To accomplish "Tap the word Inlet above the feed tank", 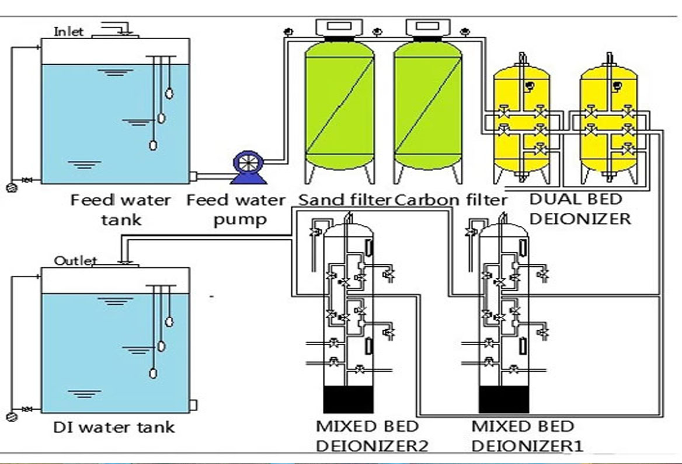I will (69, 32).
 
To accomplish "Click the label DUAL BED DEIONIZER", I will (579, 209).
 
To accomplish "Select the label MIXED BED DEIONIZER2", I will (372, 436).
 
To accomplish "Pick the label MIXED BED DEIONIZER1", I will (527, 436).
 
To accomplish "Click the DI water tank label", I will (113, 427).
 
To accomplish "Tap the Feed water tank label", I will (121, 210).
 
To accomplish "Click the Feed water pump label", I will (236, 210).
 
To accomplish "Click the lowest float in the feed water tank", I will (153, 145).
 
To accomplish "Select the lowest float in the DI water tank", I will (153, 371).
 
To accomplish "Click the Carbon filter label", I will (450, 200).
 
